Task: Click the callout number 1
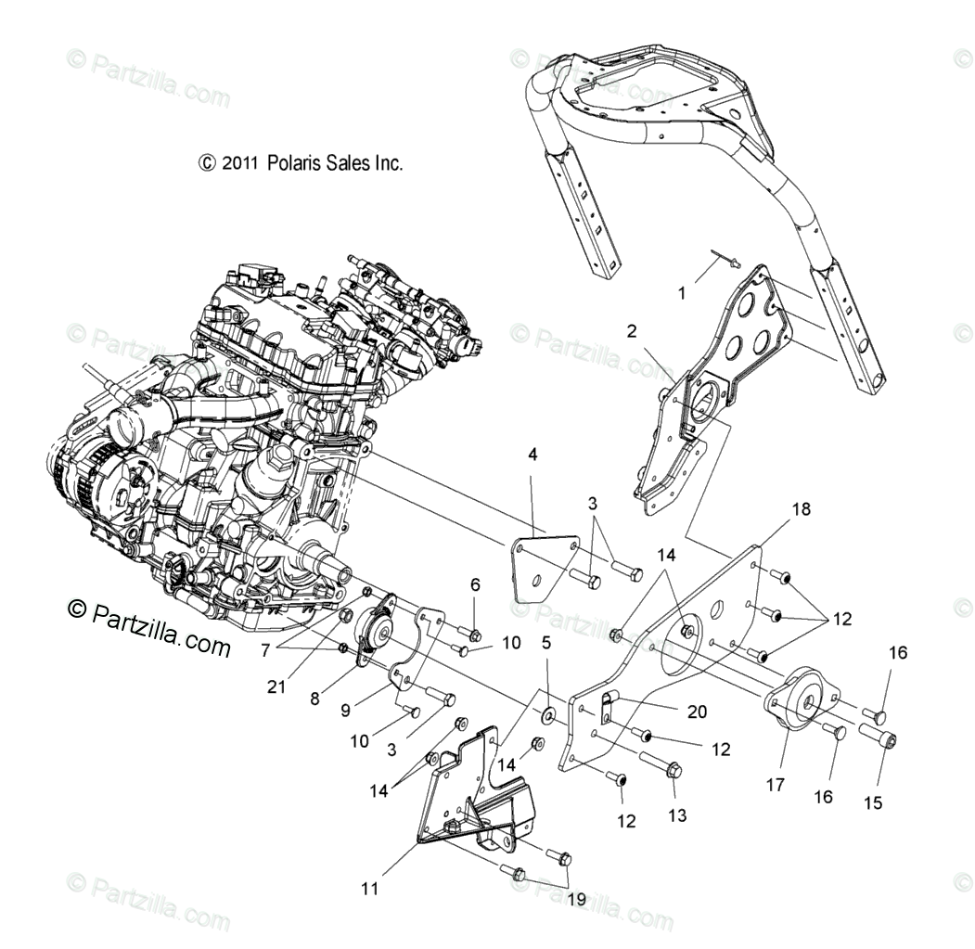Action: coord(682,293)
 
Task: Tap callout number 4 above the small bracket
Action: coord(532,455)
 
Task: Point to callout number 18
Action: coord(801,508)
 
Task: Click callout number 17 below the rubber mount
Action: coord(776,785)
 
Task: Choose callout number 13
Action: coord(677,815)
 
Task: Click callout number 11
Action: coord(370,889)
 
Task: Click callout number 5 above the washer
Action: coord(546,642)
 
